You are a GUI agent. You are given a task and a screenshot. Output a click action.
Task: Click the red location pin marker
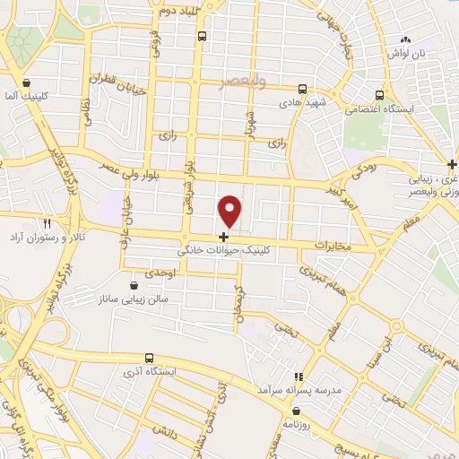pyautogui.click(x=231, y=210)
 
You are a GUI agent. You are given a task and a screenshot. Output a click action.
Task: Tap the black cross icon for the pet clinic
pyautogui.click(x=222, y=237)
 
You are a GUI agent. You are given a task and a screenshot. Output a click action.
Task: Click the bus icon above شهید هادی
pyautogui.click(x=303, y=89)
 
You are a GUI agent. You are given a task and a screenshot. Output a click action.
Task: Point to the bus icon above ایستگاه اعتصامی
pyautogui.click(x=380, y=94)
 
